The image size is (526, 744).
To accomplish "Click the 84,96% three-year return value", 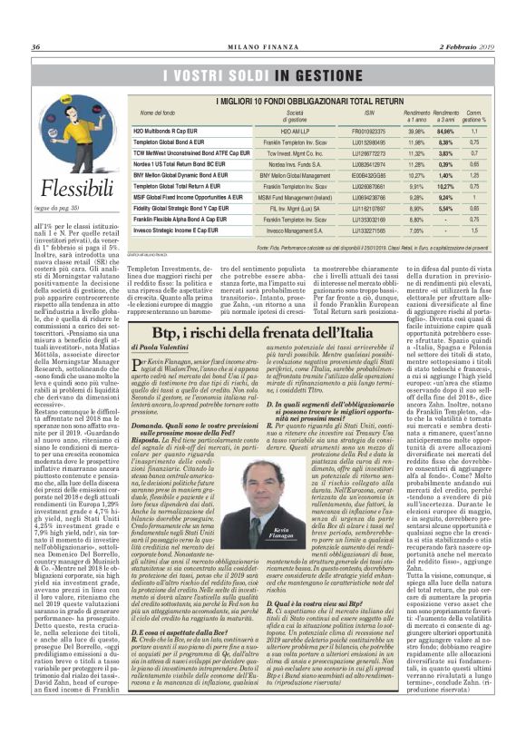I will click(445, 131).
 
